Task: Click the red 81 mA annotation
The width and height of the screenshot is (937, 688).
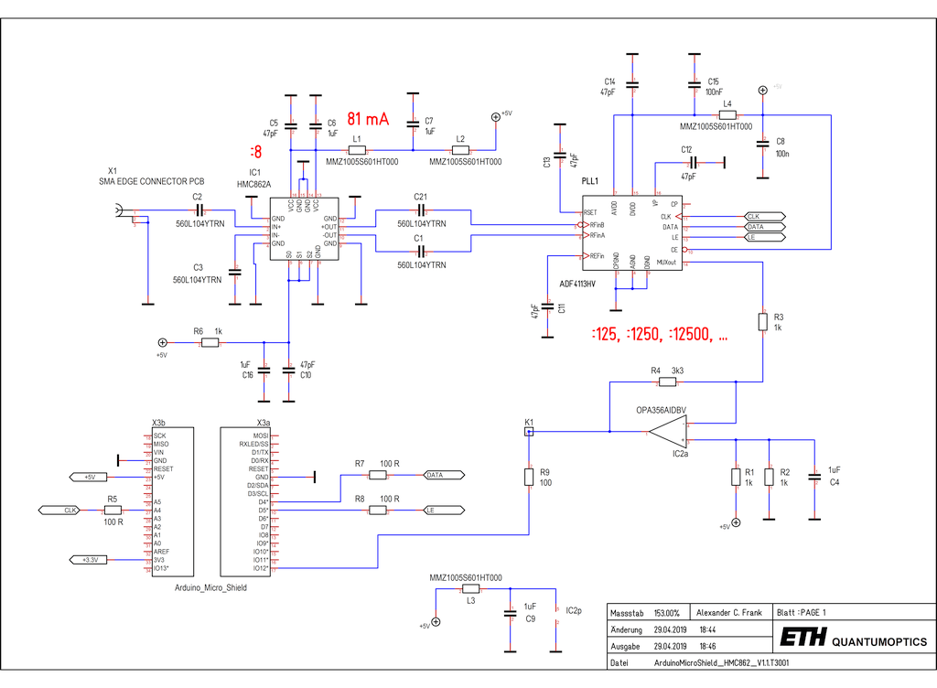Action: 368,120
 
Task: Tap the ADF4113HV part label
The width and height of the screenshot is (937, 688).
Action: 577,284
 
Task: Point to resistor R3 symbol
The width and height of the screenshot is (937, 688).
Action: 763,321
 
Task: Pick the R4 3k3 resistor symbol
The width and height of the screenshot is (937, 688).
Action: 666,382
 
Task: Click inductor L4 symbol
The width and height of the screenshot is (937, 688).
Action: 728,115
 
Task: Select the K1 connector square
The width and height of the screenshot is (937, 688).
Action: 529,431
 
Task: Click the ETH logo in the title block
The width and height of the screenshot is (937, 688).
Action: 803,638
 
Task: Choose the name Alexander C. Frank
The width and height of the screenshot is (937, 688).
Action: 728,612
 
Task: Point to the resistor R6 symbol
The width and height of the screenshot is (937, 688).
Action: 210,342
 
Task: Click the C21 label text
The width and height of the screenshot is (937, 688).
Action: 421,197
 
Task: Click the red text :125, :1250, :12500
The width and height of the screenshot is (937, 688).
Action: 660,335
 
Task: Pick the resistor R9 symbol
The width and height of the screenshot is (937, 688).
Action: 529,477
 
